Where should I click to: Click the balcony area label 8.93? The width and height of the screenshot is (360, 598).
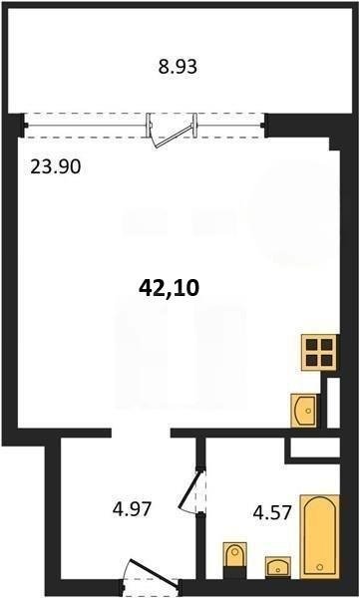pos(178,67)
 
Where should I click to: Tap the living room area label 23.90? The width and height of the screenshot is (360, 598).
pos(56,167)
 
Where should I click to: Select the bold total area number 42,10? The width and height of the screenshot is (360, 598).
pos(170,288)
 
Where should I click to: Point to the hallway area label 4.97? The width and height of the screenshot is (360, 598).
pos(132,508)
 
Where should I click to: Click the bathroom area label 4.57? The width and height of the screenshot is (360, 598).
pos(273,513)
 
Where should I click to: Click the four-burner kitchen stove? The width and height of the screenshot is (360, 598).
pos(320,352)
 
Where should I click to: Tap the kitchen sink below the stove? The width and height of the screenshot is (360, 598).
pos(304,411)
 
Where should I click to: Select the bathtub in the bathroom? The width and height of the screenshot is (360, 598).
pos(320,536)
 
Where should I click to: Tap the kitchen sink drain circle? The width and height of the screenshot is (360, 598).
pos(308,411)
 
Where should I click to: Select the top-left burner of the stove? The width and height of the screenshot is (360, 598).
pos(313,345)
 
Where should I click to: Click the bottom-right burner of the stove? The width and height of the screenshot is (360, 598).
pos(327,359)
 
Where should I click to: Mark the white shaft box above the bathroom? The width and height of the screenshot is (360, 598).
pos(315,448)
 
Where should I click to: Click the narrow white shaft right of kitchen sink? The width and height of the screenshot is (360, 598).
pos(333,403)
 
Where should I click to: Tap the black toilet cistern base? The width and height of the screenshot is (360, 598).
pos(234,573)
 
